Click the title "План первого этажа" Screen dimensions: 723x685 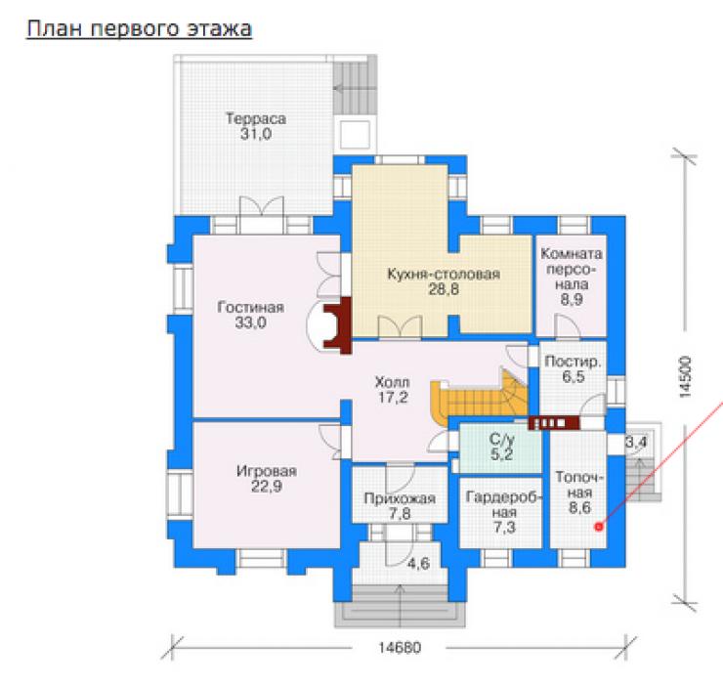click(x=140, y=29)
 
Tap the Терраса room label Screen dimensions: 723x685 click(x=256, y=118)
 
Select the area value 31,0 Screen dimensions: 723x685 click(x=256, y=134)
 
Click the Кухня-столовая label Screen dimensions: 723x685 click(x=444, y=274)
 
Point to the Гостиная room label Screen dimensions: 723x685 click(x=250, y=307)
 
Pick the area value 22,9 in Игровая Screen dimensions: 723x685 click(x=267, y=487)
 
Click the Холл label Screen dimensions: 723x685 click(x=393, y=382)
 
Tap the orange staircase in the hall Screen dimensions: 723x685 click(x=480, y=398)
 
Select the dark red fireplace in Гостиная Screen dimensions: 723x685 click(x=338, y=325)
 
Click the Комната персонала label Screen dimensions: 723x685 click(x=572, y=269)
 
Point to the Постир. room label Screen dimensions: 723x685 click(x=573, y=362)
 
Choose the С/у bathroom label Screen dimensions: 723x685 click(x=501, y=439)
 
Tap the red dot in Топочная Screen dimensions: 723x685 click(x=599, y=527)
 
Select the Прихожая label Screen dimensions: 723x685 click(x=400, y=498)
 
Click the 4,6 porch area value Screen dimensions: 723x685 click(x=418, y=563)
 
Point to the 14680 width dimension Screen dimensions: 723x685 click(x=400, y=648)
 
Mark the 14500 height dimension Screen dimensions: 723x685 click(x=685, y=377)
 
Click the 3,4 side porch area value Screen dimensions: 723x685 click(x=636, y=443)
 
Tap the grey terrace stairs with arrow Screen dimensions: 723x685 click(x=354, y=88)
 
